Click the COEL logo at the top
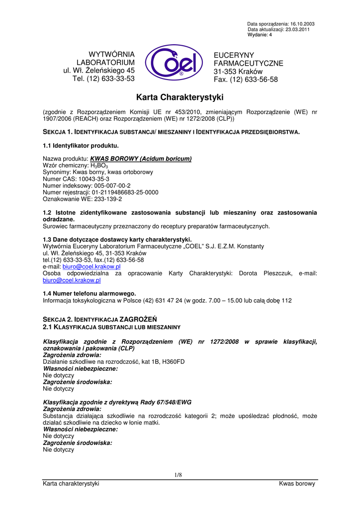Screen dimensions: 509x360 click(174, 63)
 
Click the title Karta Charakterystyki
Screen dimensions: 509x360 click(180, 97)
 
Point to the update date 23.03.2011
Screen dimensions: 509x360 click(303, 29)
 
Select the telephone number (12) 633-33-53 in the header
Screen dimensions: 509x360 click(110, 79)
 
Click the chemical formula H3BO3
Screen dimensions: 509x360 click(99, 166)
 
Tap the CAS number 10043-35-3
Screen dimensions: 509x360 click(92, 178)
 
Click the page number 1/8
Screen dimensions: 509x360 click(179, 475)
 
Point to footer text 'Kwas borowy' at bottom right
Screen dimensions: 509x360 click(297, 484)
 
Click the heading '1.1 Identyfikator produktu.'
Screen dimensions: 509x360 click(81, 146)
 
